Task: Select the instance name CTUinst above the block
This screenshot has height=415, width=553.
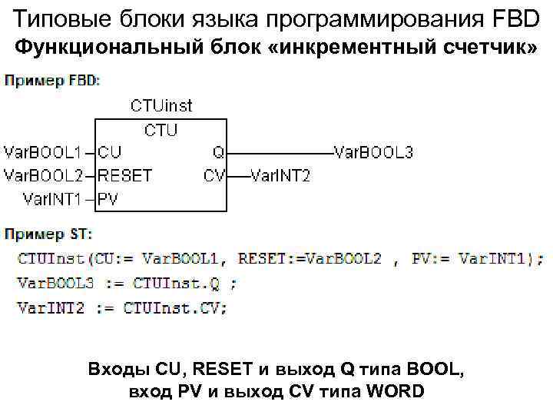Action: point(161,105)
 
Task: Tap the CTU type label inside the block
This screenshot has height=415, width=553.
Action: point(160,130)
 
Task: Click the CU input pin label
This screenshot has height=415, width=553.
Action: point(110,152)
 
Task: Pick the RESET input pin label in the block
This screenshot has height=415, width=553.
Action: point(124,175)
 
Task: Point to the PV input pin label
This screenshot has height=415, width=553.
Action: point(108,199)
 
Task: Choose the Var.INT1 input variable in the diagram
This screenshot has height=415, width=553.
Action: point(52,199)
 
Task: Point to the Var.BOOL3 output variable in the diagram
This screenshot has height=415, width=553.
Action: point(373,152)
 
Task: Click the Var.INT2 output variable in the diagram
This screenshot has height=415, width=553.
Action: point(280,176)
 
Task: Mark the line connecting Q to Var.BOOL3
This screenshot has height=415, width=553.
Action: point(280,152)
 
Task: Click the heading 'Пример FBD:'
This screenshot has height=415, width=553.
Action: point(52,80)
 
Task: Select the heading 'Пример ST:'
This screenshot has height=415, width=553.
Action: point(48,232)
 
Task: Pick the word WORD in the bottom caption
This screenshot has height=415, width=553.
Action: point(396,391)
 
